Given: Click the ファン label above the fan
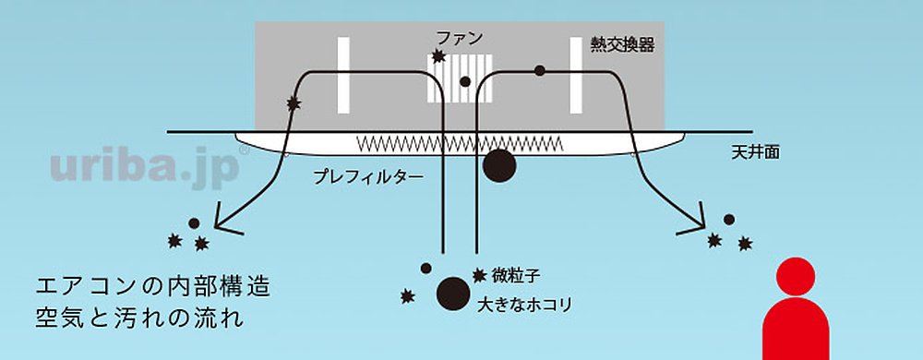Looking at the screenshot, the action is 459,38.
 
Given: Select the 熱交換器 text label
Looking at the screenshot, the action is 623,44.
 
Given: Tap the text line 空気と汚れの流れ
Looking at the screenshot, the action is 138,319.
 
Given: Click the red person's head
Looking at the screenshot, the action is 796,276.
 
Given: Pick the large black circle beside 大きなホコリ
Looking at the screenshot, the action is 452,293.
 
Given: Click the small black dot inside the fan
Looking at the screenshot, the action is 465,82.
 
